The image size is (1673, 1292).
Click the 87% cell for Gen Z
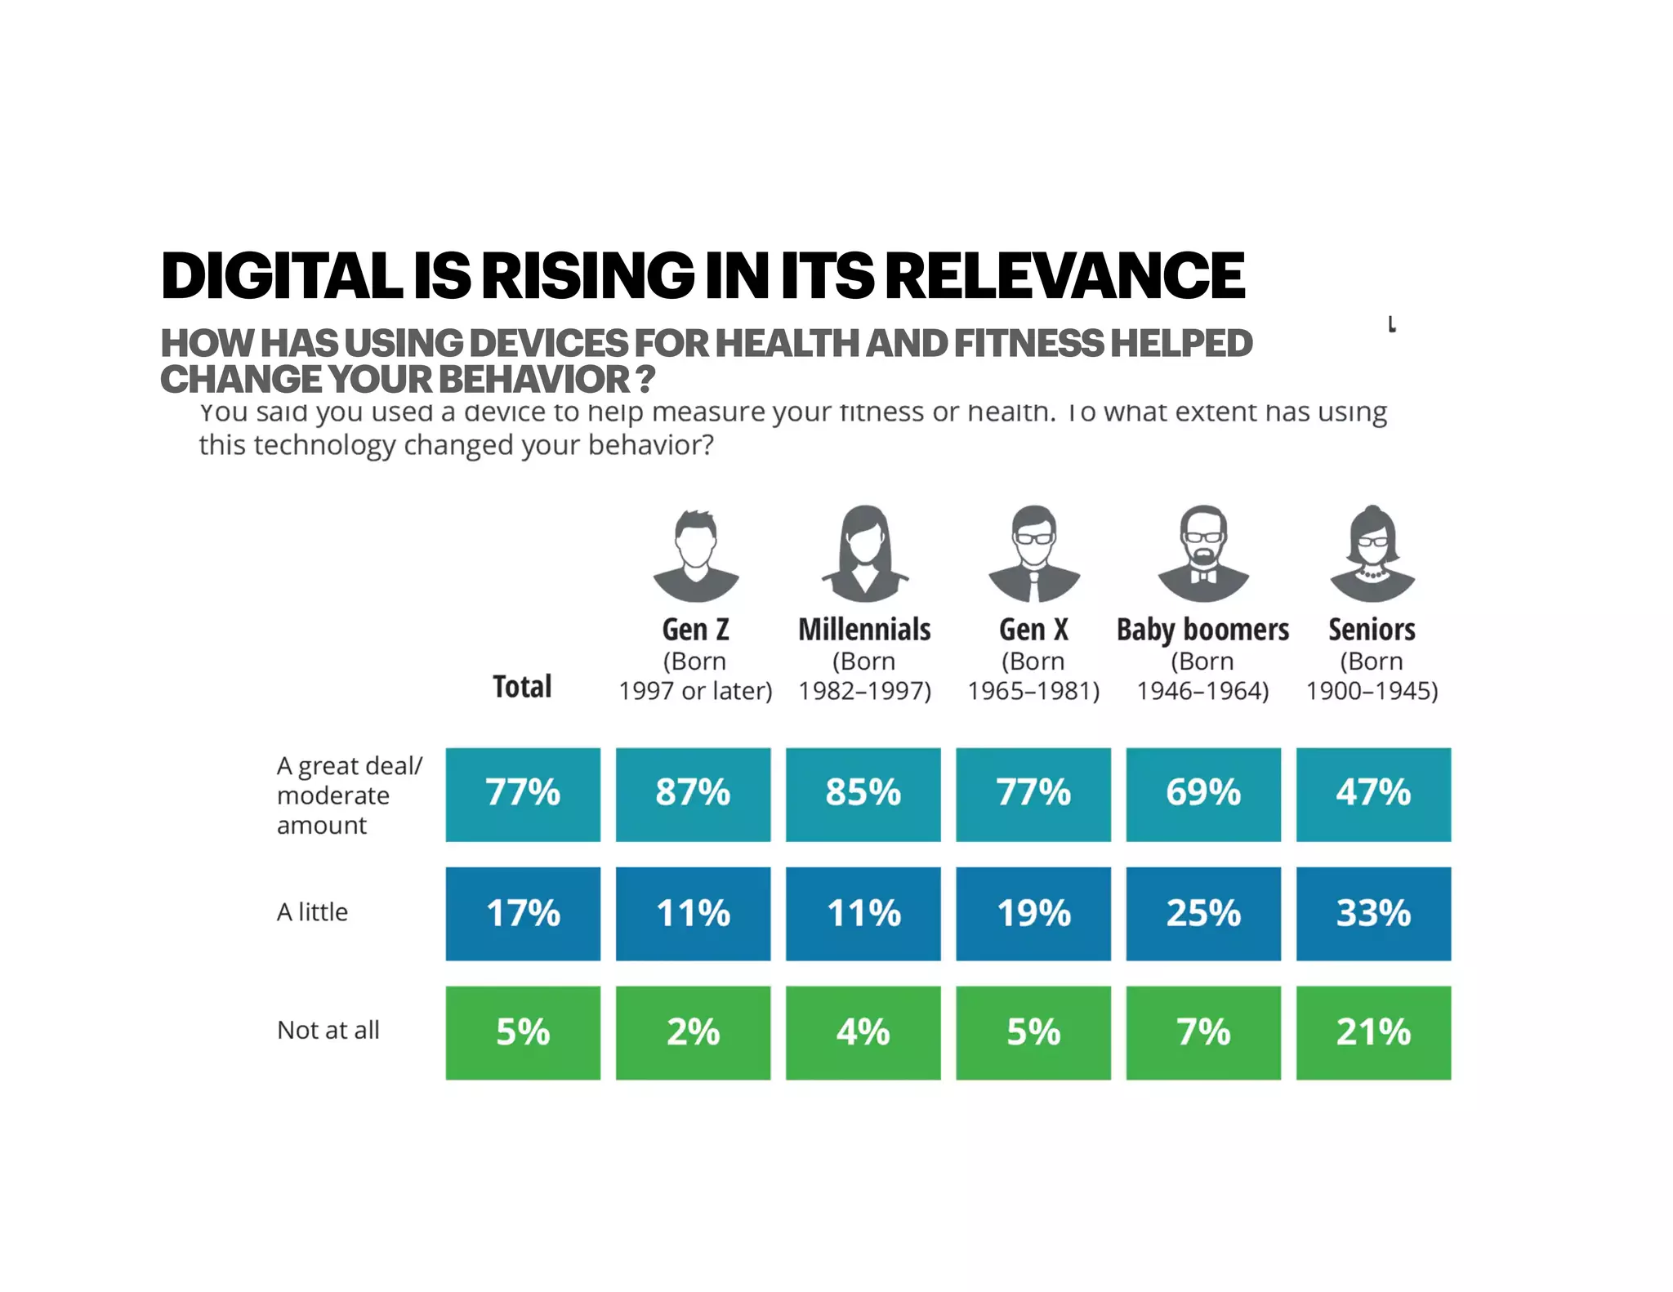tap(693, 794)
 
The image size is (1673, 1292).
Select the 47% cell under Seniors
tap(1373, 794)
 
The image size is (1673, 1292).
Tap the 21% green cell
tap(1373, 1032)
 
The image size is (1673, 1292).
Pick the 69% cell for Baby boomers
tap(1203, 794)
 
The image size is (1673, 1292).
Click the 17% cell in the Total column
tap(523, 913)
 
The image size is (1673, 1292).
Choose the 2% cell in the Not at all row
tap(693, 1032)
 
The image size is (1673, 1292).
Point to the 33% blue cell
tap(1373, 913)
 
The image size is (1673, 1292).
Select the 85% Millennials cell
tap(863, 794)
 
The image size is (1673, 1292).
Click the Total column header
tap(522, 686)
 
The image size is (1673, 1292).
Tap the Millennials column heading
tap(864, 630)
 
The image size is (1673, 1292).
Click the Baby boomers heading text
tap(1202, 630)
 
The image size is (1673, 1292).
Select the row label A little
tap(312, 911)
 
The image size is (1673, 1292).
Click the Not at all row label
tap(328, 1030)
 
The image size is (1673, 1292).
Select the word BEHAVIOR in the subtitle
tap(536, 380)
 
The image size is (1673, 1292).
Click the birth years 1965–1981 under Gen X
tap(1033, 691)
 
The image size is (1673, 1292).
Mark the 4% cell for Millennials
tap(863, 1032)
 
